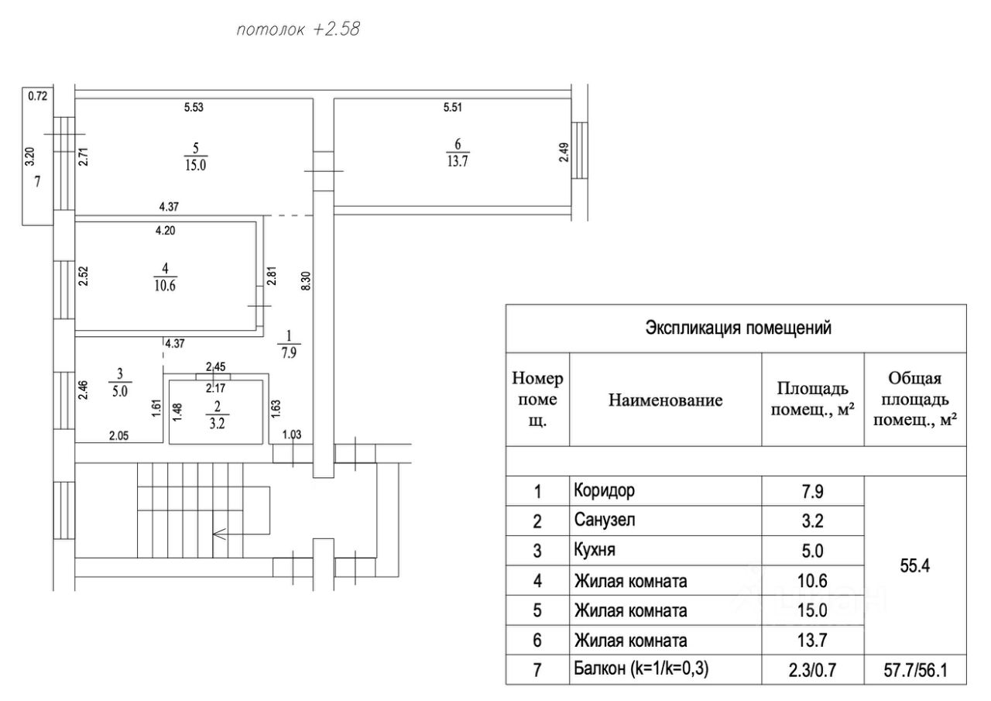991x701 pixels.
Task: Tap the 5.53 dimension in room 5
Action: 194,108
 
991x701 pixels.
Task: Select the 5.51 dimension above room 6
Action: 453,108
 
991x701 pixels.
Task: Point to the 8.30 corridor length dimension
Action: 307,279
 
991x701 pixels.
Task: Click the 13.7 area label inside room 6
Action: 458,162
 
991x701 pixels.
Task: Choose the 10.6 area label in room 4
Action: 164,284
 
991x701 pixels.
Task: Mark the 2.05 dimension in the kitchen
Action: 118,435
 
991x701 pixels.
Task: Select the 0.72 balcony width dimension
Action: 38,97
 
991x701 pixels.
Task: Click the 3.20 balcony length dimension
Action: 29,157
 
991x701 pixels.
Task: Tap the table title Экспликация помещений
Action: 738,328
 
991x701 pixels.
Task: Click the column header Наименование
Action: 665,400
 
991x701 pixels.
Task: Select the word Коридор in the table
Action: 605,491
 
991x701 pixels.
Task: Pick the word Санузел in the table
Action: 605,521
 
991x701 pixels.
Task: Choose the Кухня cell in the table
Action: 597,551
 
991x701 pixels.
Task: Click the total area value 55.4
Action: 914,566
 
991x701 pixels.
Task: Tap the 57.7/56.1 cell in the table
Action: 914,670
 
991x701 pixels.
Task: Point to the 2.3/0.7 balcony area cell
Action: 812,670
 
